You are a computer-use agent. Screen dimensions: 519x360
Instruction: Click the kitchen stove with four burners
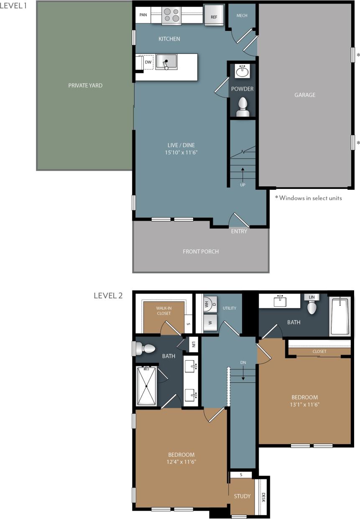pos(171,15)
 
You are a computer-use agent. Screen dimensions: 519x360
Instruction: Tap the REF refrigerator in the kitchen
pos(214,16)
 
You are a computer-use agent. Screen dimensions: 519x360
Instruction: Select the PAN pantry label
pos(143,15)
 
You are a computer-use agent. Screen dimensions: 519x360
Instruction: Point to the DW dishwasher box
pos(148,62)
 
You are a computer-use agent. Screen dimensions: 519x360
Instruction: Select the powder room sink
pos(243,71)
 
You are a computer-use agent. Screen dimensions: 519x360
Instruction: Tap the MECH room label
pos(242,15)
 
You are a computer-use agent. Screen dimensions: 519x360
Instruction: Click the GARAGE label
pos(305,95)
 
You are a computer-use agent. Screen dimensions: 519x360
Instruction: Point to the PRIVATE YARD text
pos(85,86)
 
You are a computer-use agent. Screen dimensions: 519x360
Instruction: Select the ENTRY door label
pos(239,231)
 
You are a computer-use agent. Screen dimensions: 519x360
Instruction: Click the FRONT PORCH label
pos(201,252)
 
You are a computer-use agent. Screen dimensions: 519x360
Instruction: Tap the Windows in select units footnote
pos(309,198)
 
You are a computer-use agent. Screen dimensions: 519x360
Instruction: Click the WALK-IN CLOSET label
pos(164,310)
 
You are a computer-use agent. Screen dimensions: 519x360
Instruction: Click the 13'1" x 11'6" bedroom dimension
pos(304,405)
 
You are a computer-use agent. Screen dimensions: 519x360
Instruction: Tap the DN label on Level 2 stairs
pos(243,362)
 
